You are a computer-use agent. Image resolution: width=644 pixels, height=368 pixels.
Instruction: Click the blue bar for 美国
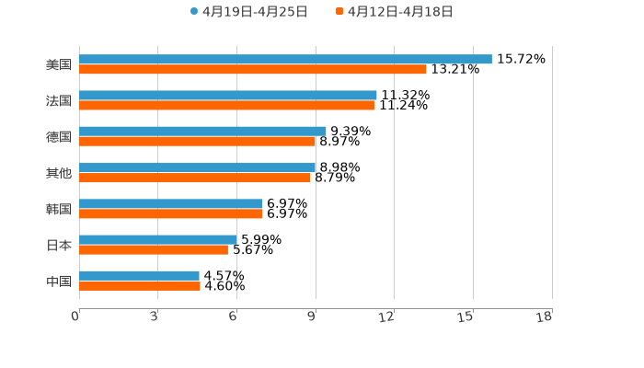click(x=285, y=59)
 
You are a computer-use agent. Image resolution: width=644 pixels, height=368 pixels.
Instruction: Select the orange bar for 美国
click(x=253, y=70)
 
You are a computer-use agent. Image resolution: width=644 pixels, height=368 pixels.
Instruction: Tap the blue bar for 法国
click(x=228, y=95)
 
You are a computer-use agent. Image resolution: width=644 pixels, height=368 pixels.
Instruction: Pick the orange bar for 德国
click(x=197, y=142)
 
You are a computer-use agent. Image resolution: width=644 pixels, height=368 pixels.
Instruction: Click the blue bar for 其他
click(x=197, y=167)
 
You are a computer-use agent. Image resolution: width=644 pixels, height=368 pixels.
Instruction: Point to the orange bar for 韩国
click(x=171, y=214)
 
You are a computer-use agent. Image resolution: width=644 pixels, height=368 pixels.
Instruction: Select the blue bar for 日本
click(x=158, y=239)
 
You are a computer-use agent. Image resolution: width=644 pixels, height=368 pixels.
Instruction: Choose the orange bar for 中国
click(x=140, y=286)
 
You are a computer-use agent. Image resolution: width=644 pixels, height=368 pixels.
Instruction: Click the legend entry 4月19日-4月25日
click(x=248, y=12)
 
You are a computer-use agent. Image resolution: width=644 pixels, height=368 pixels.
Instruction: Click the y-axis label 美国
click(x=58, y=64)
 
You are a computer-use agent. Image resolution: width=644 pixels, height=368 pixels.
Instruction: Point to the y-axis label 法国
click(x=58, y=100)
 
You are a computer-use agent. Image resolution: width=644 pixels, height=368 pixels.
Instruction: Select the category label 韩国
click(x=58, y=209)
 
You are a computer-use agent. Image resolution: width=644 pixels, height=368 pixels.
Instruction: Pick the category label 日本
click(x=58, y=245)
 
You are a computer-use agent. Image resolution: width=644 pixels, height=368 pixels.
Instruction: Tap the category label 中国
click(x=58, y=281)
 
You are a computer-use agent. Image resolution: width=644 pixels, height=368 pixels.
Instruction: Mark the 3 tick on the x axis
click(x=154, y=317)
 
